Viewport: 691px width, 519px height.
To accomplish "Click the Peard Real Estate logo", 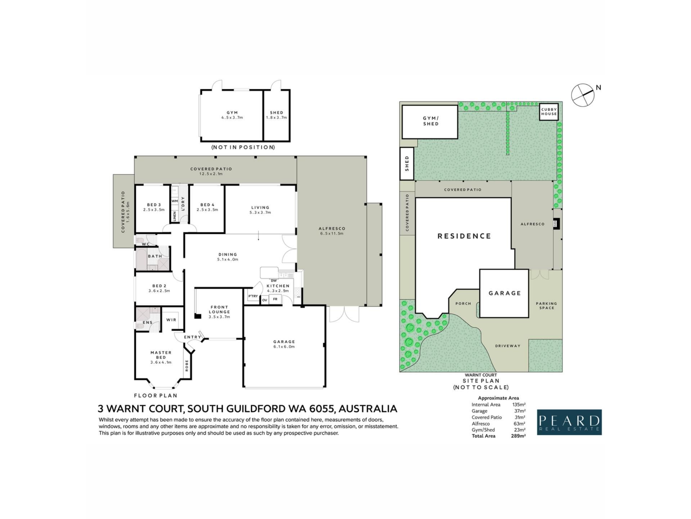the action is pos(569,422).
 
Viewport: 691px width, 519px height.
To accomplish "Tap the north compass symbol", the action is pos(583,95).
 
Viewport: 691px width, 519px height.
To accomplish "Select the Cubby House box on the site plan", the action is pos(549,112).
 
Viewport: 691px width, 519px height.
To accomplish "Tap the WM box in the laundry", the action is pos(175,201).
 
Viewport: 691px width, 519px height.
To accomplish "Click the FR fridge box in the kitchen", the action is pos(275,299).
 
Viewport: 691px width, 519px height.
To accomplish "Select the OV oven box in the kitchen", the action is pos(265,300).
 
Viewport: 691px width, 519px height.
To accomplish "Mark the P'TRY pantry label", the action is pos(253,296).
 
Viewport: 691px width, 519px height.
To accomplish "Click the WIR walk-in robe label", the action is pos(171,320).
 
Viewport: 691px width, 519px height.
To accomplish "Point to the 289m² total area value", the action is pos(518,436).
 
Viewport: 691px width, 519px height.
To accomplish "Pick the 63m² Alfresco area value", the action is pos(519,423).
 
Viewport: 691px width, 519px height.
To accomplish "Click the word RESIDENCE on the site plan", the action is pos(464,236).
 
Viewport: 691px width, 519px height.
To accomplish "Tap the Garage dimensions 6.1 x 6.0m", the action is pos(284,347).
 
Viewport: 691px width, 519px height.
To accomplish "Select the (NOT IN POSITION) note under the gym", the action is pos(243,147).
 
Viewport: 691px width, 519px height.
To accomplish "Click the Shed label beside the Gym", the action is pos(276,112).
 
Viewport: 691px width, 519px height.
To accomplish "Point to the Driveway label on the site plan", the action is pos(508,346).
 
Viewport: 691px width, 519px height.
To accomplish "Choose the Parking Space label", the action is pos(546,306).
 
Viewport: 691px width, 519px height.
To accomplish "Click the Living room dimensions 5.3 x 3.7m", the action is pos(260,213).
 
